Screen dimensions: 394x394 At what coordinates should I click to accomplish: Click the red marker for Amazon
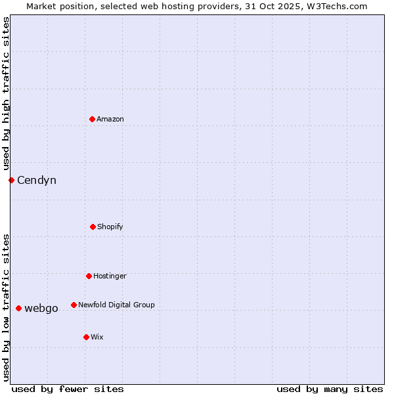click(x=93, y=119)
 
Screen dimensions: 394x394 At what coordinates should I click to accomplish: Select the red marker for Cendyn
click(x=11, y=180)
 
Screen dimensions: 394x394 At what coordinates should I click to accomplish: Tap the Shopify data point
click(x=93, y=227)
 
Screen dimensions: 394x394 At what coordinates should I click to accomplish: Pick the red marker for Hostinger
click(x=89, y=276)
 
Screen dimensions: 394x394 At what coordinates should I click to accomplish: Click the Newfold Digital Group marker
click(x=74, y=305)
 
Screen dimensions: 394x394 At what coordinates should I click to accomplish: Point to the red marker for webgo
click(x=18, y=308)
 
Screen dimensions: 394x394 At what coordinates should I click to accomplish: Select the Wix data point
click(x=86, y=337)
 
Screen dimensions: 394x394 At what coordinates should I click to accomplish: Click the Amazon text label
click(x=110, y=119)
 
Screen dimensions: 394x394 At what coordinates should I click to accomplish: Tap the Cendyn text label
click(x=37, y=180)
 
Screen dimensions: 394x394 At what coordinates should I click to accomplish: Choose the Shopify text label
click(x=110, y=227)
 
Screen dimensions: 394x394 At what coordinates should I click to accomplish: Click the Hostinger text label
click(x=110, y=276)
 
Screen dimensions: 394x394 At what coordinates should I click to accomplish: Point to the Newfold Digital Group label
click(x=116, y=305)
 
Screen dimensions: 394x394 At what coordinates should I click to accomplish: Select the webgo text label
click(x=41, y=308)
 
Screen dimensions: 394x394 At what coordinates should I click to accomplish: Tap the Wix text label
click(x=97, y=337)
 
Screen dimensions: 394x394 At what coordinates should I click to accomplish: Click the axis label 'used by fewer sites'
click(x=68, y=389)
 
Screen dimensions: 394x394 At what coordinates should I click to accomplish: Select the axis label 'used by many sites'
click(x=330, y=389)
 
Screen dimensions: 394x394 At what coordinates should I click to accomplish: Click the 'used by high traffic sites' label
click(x=6, y=93)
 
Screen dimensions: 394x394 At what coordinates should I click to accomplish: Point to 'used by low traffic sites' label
click(x=6, y=307)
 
